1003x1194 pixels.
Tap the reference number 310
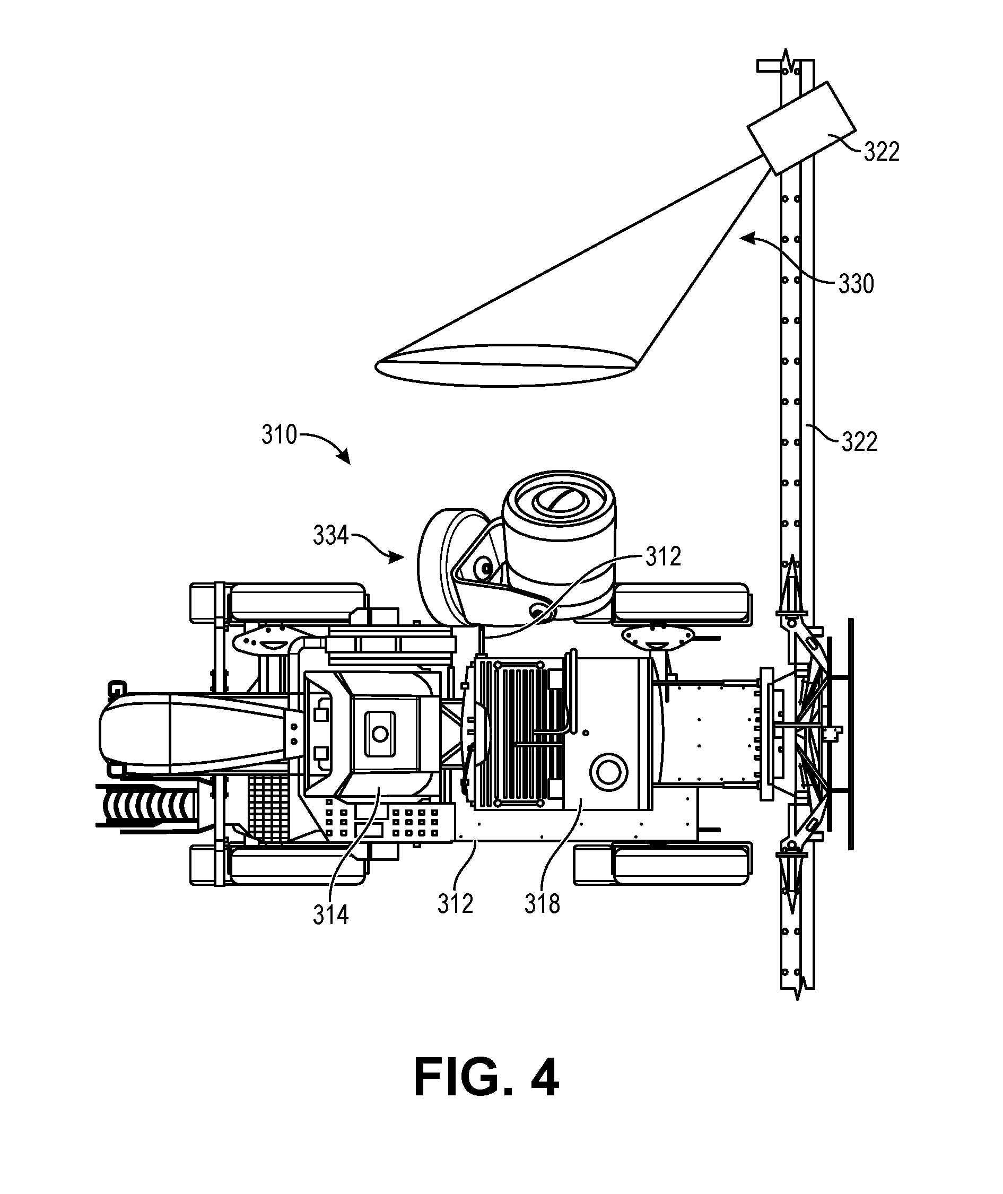279,435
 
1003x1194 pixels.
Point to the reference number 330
856,284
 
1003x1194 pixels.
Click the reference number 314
330,915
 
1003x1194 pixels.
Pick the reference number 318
542,903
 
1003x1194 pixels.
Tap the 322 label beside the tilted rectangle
882,152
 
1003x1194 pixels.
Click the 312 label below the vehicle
456,903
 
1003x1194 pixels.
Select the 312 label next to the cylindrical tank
663,557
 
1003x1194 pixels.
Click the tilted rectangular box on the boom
800,128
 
